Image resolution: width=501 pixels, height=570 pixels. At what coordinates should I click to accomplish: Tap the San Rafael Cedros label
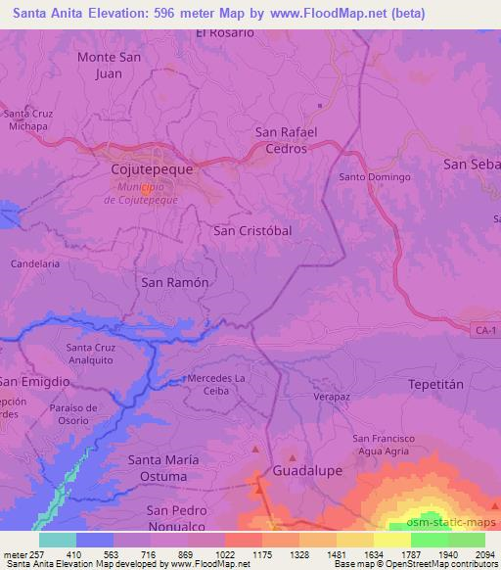pyautogui.click(x=281, y=140)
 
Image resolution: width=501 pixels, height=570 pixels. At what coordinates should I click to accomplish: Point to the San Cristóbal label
pyautogui.click(x=252, y=229)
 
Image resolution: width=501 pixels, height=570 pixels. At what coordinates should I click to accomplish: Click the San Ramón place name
pyautogui.click(x=176, y=281)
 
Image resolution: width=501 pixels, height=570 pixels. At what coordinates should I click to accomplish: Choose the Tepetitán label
pyautogui.click(x=433, y=385)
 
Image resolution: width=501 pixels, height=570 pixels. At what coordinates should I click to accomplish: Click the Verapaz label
pyautogui.click(x=332, y=399)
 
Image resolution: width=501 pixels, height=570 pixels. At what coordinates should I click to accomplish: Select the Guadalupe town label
pyautogui.click(x=307, y=470)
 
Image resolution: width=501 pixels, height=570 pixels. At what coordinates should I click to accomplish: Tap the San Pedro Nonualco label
pyautogui.click(x=177, y=517)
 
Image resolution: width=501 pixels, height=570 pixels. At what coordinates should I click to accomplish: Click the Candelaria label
pyautogui.click(x=34, y=264)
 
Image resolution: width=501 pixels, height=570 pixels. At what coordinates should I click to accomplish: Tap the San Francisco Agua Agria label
pyautogui.click(x=385, y=444)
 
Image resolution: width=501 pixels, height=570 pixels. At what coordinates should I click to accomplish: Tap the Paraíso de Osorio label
pyautogui.click(x=71, y=414)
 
